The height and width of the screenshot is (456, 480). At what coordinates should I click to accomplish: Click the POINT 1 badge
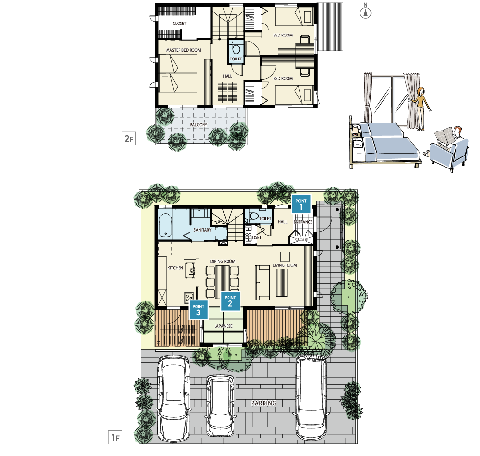pos(301,204)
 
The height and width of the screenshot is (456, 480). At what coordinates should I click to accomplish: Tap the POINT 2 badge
pos(230,301)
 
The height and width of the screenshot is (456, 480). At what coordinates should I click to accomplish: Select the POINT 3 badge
pos(198,310)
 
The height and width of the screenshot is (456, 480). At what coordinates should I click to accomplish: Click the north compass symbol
pos(365,12)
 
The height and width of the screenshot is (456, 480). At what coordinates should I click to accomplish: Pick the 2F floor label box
pos(129,139)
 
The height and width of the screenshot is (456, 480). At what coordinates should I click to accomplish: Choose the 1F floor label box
pos(115,437)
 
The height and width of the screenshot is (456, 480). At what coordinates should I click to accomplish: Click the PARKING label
pos(264,403)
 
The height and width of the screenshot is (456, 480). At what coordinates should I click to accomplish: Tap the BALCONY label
pos(199,125)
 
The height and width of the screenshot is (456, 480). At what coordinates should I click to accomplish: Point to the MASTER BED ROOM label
pos(183,50)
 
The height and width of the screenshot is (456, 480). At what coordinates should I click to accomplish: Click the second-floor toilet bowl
pos(236,49)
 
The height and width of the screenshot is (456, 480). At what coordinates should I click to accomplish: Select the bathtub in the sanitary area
pos(166,225)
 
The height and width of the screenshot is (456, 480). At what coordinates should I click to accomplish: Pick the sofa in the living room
pos(262,282)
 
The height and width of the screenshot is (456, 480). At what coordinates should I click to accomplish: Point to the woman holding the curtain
pos(420,108)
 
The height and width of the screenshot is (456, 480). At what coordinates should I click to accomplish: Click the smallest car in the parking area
pos(220,406)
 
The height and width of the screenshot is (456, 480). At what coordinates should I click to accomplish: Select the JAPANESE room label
pos(224,326)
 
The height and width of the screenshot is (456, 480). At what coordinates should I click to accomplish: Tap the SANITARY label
pos(203,230)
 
